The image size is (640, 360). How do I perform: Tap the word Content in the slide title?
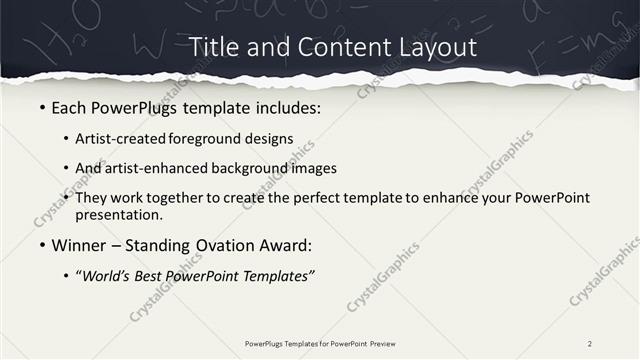(x=329, y=47)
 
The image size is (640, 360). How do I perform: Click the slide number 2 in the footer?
(x=590, y=343)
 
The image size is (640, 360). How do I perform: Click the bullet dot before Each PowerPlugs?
(x=42, y=107)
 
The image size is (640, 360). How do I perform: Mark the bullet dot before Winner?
(x=42, y=245)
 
